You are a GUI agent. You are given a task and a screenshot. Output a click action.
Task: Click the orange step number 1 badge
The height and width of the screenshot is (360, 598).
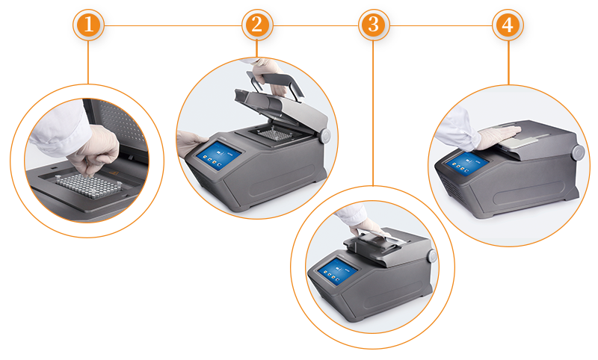pos(88,25)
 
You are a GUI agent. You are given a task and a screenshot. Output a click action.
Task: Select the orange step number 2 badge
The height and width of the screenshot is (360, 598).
pos(257,25)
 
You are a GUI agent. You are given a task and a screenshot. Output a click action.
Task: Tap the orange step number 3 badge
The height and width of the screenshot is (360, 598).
pos(374,25)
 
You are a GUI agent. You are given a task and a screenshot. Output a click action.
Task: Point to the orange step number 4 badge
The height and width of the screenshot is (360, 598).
pos(508,25)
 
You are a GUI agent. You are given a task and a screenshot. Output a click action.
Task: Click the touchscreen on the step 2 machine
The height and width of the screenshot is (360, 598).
pos(218,155)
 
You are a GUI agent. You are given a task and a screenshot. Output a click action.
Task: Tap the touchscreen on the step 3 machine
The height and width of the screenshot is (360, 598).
pos(338,272)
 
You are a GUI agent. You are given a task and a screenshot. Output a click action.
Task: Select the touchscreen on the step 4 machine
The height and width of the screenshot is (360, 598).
pos(466,164)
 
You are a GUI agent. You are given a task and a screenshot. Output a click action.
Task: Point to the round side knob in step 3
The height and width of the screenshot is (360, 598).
pos(432,255)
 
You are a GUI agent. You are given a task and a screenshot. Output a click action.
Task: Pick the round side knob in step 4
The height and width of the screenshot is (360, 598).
pos(578,152)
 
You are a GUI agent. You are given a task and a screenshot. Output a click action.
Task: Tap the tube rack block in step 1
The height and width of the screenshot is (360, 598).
pos(88,186)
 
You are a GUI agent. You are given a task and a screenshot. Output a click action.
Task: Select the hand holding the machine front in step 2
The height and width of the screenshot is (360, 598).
pos(190,142)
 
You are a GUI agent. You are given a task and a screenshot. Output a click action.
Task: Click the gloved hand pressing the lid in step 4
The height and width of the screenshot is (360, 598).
pos(497,137)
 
